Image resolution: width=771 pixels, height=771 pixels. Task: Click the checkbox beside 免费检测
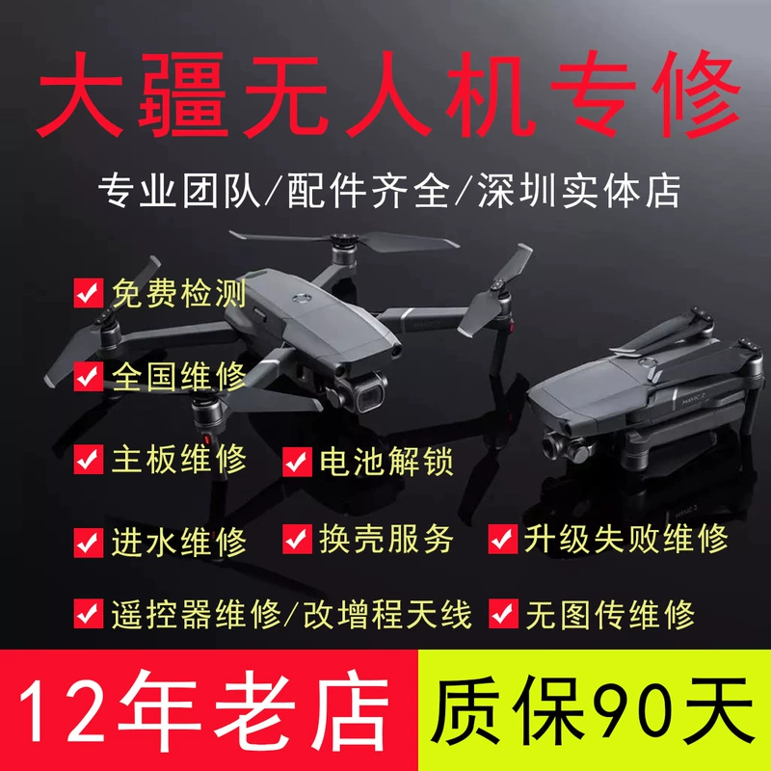89,293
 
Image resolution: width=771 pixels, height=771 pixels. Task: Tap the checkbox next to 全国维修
89,376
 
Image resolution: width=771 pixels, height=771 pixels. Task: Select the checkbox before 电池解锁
297,462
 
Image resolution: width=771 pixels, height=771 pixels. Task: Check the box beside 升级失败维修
503,539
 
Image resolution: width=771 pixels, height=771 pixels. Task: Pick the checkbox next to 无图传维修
503,614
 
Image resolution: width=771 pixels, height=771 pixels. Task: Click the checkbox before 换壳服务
297,539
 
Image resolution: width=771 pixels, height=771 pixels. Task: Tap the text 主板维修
179,460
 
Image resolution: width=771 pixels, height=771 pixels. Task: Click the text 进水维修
179,543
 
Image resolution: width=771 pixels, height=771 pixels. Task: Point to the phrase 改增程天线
387,615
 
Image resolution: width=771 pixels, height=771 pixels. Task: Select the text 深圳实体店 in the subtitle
579,191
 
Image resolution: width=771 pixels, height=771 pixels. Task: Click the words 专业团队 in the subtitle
179,191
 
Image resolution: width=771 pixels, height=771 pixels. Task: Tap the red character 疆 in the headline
183,94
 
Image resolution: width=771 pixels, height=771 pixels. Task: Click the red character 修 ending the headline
696,94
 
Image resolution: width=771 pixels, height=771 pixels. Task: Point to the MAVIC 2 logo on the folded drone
694,401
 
